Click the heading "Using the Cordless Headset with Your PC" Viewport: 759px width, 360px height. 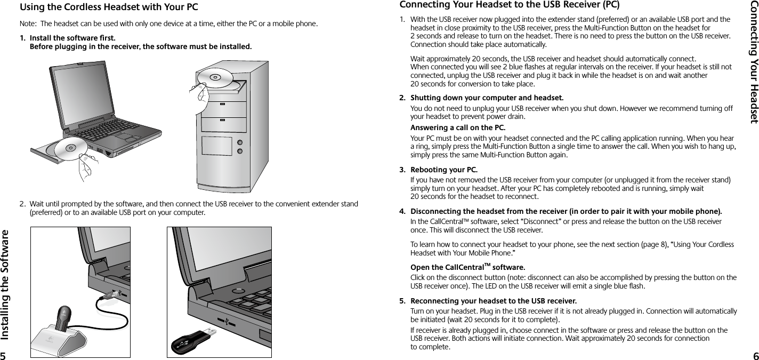(x=109, y=7)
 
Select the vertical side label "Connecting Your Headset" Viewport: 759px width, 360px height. (x=753, y=61)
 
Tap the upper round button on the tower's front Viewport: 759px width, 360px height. (x=239, y=142)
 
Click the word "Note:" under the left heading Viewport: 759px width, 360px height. (x=28, y=24)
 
